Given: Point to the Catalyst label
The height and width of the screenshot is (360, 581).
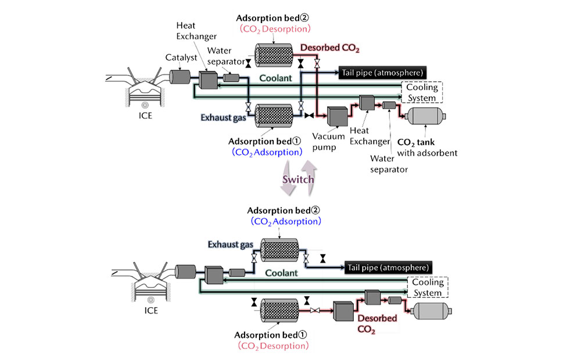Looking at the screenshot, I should point(177,58).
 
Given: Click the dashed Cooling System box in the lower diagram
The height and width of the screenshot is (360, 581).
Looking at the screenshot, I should point(428,287).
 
